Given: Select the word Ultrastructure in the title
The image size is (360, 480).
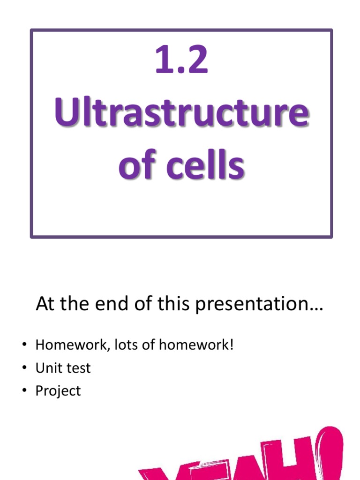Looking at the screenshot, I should pyautogui.click(x=181, y=114).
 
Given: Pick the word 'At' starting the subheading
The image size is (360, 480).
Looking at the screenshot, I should pyautogui.click(x=45, y=305).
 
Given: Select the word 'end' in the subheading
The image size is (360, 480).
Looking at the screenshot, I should pyautogui.click(x=111, y=305).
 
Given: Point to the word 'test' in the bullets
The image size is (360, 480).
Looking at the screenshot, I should pyautogui.click(x=77, y=368).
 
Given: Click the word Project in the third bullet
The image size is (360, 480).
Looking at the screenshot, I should pyautogui.click(x=58, y=391).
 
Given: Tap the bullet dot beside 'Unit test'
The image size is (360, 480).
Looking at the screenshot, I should pyautogui.click(x=24, y=368).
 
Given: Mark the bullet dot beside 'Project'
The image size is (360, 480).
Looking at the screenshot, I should pyautogui.click(x=24, y=390).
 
